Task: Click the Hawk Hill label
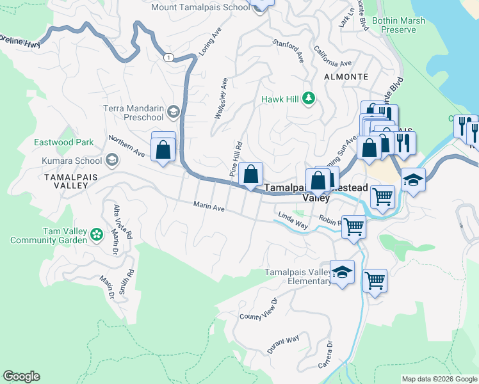coord(280,100)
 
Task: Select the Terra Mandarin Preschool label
coord(133,113)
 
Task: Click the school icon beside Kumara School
coord(112,159)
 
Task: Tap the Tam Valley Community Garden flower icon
coord(97,235)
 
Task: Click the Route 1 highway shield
coord(168,58)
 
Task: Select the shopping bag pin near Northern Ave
coord(163,150)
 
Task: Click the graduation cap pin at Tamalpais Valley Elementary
coord(342,272)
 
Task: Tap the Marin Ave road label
coord(209,206)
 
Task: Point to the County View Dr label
coord(258,309)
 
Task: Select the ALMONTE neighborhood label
coord(346,77)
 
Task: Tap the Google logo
coord(21,376)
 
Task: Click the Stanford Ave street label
coord(288,48)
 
